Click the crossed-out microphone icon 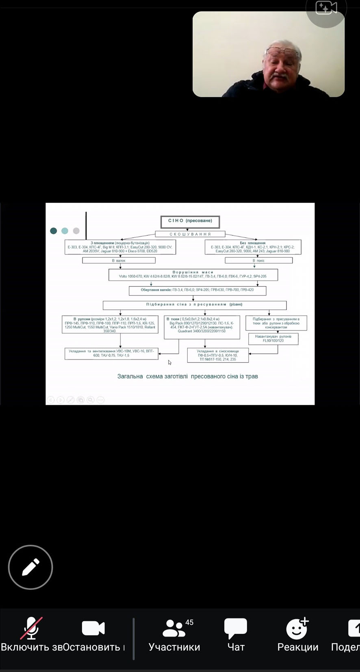(x=31, y=628)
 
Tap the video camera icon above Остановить (x=93, y=628)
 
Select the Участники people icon (x=174, y=628)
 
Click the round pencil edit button (x=30, y=567)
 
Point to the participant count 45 (x=189, y=622)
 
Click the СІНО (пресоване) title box (x=190, y=221)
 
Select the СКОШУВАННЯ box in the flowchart (x=190, y=234)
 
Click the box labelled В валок (x=119, y=260)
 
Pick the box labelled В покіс (x=258, y=260)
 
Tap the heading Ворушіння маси (x=193, y=272)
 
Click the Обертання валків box (x=197, y=290)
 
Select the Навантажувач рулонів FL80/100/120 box (x=273, y=339)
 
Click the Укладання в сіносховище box (x=218, y=355)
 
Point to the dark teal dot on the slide (x=53, y=231)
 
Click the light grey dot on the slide (x=76, y=231)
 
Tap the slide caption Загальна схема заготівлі (x=188, y=376)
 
